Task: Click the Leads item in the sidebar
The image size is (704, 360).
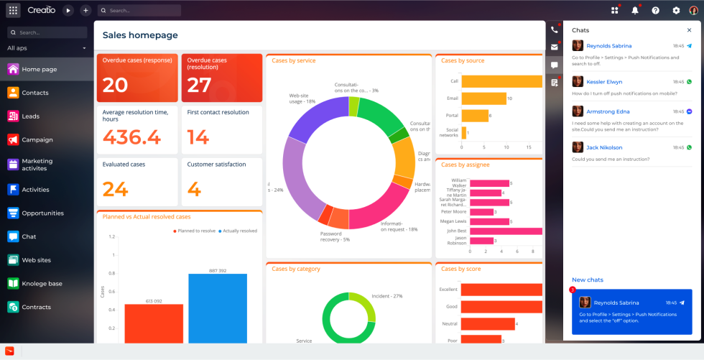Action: point(30,116)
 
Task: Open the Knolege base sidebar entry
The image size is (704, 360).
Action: point(42,284)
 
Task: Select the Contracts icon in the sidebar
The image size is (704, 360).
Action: point(13,307)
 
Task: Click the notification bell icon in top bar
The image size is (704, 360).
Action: point(635,11)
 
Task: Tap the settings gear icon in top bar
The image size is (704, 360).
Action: point(675,11)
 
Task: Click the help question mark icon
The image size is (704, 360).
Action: point(655,11)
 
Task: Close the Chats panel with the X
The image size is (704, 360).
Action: point(689,30)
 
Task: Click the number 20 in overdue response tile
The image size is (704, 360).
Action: point(115,85)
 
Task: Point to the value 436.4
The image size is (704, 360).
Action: point(131,137)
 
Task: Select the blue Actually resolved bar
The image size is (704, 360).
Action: point(218,309)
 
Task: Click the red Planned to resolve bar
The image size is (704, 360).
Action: point(154,323)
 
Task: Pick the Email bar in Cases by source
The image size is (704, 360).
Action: point(483,98)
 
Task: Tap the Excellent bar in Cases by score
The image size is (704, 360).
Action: point(501,290)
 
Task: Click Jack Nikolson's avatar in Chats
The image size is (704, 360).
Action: point(578,147)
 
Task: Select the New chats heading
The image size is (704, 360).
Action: point(588,280)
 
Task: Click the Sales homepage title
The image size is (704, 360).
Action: point(140,35)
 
